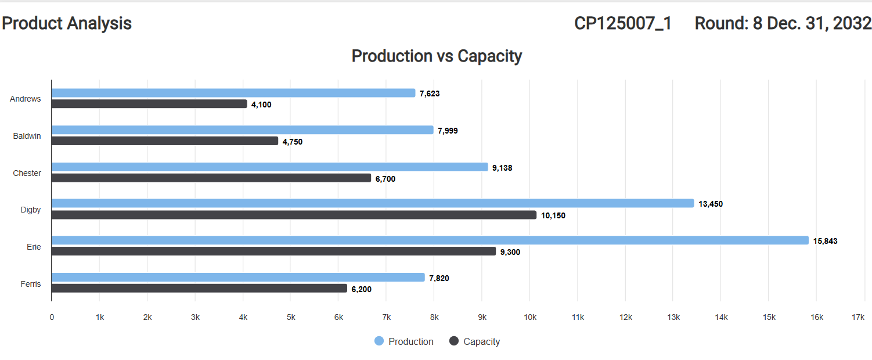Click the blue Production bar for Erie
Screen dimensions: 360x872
(x=430, y=240)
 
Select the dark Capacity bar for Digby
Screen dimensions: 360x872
(x=294, y=215)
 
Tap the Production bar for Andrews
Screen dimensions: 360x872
(x=233, y=93)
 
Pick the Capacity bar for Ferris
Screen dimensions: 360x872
(x=199, y=288)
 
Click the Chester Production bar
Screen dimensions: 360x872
(x=269, y=167)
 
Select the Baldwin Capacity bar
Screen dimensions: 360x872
(x=165, y=141)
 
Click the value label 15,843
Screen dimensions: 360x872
(x=825, y=241)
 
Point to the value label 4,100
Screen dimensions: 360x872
(x=261, y=105)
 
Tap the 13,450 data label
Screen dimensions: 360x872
(x=711, y=204)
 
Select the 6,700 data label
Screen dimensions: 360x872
(x=385, y=179)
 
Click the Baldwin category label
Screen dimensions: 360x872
(x=27, y=136)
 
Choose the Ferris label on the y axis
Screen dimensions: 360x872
(x=31, y=284)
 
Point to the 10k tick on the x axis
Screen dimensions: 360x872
(x=529, y=317)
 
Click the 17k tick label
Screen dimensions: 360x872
(x=857, y=317)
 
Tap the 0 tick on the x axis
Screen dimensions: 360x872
(x=52, y=317)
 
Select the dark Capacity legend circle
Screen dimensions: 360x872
(x=454, y=341)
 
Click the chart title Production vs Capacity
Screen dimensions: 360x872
(x=437, y=56)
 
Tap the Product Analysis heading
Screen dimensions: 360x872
(x=67, y=23)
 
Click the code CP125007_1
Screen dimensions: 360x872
(x=622, y=23)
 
